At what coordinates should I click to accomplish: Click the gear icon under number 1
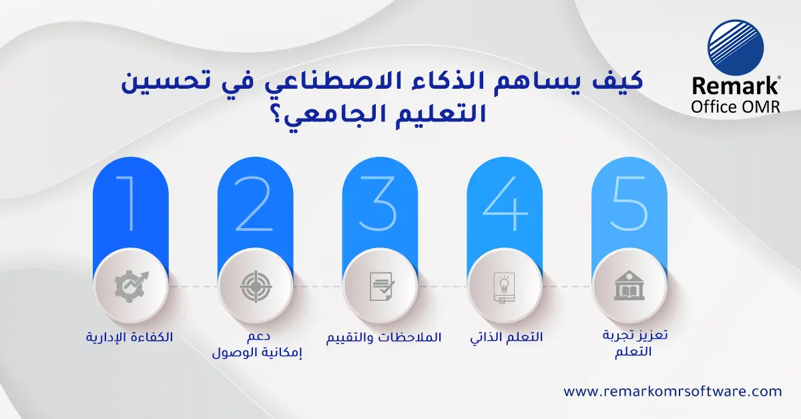coord(130,286)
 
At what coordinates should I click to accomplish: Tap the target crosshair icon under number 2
coord(255,286)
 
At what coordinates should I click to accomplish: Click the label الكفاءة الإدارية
coord(130,337)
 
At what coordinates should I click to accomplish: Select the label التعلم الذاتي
coord(507,337)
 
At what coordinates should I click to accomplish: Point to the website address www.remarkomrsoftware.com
coord(672,392)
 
